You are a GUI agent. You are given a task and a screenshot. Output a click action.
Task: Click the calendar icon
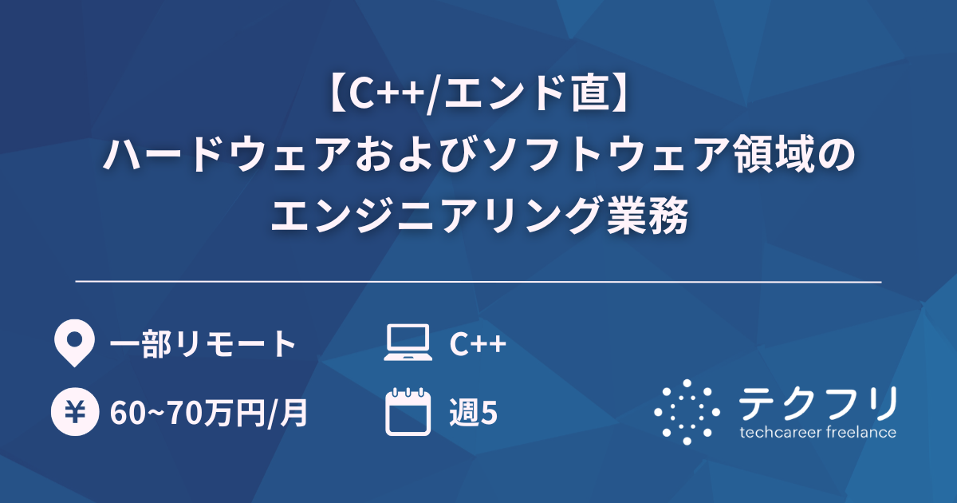tap(408, 412)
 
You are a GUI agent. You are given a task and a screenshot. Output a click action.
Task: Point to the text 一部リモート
tap(203, 344)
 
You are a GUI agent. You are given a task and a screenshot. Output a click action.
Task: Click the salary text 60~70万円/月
tap(208, 414)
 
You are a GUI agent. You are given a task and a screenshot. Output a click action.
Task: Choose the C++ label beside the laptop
tap(477, 344)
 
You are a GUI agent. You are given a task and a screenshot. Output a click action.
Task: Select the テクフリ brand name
tap(817, 404)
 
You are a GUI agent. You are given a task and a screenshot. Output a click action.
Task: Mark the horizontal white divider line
tap(478, 282)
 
